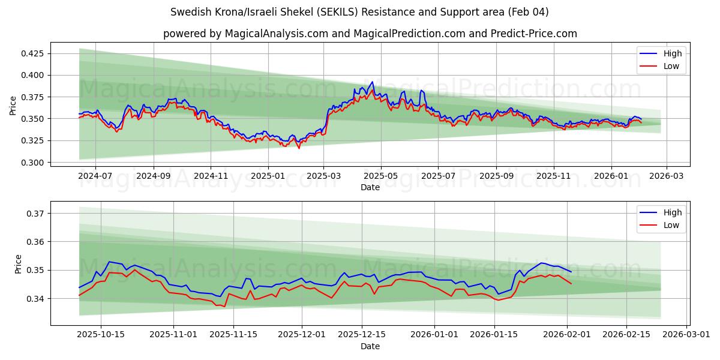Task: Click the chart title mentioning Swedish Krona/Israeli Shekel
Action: tap(359, 12)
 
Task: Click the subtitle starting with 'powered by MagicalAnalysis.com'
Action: tap(370, 34)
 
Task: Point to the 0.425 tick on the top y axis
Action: tap(32, 53)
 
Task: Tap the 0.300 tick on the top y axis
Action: tap(32, 163)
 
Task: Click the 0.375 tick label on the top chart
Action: tap(32, 97)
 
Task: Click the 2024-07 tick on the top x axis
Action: tap(95, 176)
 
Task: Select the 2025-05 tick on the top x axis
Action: tap(381, 176)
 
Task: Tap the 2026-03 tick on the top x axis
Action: tap(667, 176)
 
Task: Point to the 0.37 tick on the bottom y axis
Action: tap(34, 213)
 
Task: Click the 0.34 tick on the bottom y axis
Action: tap(34, 299)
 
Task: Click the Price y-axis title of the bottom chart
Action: tap(18, 264)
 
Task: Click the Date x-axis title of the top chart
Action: tap(370, 187)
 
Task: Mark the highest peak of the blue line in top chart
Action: tap(372, 82)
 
